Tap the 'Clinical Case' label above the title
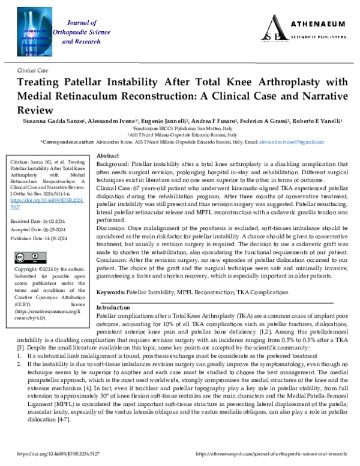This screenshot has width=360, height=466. [x=35, y=70]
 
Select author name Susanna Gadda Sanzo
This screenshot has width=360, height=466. [x=57, y=121]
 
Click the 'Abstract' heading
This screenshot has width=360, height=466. [x=107, y=156]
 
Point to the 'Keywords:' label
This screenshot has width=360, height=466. [x=110, y=292]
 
